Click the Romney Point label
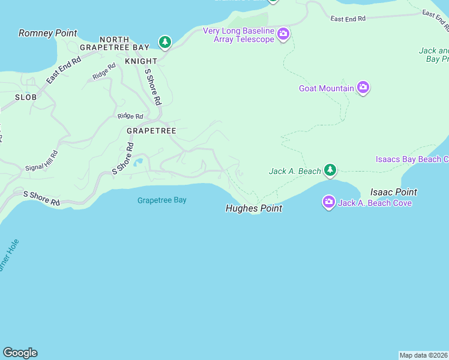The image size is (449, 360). (x=48, y=33)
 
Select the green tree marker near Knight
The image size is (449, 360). (x=164, y=42)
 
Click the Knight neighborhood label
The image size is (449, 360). (x=141, y=61)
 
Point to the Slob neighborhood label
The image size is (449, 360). (x=26, y=97)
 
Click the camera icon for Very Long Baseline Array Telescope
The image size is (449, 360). (x=283, y=35)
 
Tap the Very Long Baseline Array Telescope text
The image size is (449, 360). (x=238, y=35)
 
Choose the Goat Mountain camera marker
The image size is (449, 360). (x=363, y=88)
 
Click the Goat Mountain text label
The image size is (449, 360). (x=327, y=89)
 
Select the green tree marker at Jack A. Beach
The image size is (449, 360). (x=330, y=171)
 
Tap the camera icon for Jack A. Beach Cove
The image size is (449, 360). (x=328, y=202)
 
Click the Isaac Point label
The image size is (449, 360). (x=393, y=192)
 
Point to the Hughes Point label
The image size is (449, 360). (x=253, y=209)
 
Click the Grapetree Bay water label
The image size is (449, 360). (x=161, y=200)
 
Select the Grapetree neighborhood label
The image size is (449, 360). (x=151, y=130)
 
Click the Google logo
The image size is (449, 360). (x=20, y=353)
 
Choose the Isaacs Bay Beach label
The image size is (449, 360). (x=412, y=159)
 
